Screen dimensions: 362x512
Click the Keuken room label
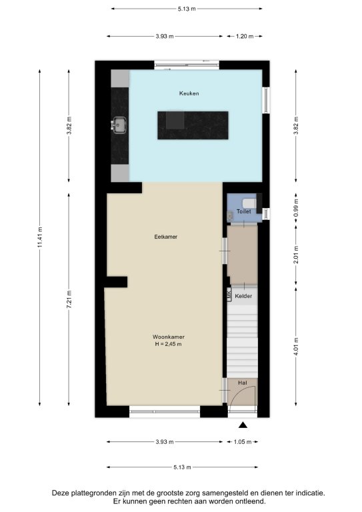click(189, 93)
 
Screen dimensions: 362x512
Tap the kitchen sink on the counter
click(119, 125)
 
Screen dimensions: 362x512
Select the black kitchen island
click(193, 125)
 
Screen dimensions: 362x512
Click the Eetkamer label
click(166, 237)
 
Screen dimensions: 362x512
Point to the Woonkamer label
click(169, 337)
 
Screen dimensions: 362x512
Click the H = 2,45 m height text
click(169, 344)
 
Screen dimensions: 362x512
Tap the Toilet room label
click(244, 211)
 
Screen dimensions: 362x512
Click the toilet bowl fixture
click(250, 203)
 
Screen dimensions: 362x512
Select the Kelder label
click(243, 296)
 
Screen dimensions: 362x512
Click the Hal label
click(243, 383)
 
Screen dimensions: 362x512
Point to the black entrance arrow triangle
click(243, 425)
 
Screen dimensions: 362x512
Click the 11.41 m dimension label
click(40, 237)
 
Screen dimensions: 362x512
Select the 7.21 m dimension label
click(69, 299)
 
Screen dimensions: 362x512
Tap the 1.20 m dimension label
click(245, 36)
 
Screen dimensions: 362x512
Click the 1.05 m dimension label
click(243, 442)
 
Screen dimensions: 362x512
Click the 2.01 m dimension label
click(296, 255)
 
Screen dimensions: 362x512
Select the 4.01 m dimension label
click(296, 347)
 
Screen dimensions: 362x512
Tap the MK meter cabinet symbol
click(229, 293)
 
